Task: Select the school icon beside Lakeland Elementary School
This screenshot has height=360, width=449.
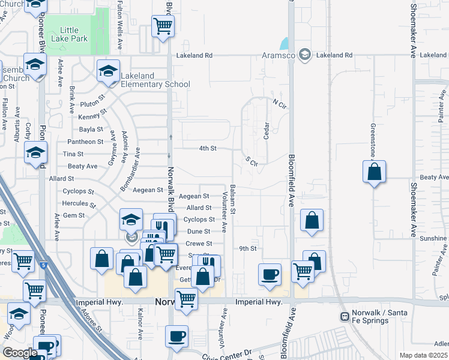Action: click(108, 72)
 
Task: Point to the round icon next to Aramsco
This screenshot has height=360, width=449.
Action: click(305, 55)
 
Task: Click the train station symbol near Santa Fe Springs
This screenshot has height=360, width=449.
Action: click(345, 316)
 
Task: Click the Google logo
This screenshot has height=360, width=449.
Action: click(20, 352)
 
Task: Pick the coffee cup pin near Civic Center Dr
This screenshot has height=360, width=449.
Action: click(176, 337)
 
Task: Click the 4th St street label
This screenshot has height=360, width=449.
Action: click(207, 148)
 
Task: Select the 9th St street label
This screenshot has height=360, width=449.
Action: click(247, 248)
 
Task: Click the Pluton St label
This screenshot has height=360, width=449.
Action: click(92, 96)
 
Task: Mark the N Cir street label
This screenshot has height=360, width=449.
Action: click(277, 103)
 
